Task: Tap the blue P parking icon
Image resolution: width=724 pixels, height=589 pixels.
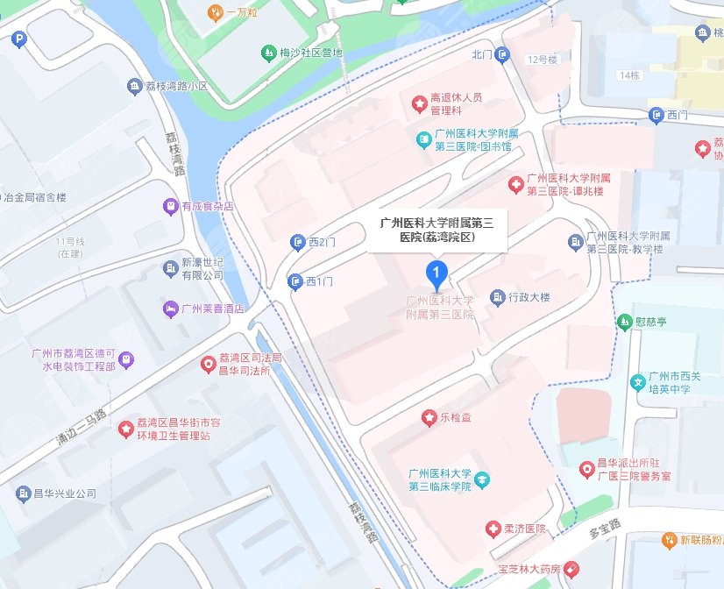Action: pos(19,40)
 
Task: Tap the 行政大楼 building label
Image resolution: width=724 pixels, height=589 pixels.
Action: pos(529,298)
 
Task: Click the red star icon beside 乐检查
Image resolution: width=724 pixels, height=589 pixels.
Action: pos(429,418)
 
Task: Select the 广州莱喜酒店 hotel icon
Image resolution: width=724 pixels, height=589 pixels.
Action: pos(169,309)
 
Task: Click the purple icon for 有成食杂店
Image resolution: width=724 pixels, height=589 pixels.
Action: pos(170,207)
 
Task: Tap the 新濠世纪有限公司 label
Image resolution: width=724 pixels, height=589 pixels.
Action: pos(203,269)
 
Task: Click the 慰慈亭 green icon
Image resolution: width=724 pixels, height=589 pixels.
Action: pos(624,322)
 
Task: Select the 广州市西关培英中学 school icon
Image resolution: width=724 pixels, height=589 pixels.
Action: pos(638,381)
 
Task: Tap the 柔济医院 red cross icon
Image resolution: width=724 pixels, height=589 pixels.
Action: pos(493,529)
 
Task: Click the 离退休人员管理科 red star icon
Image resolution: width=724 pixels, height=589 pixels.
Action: pos(419,104)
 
